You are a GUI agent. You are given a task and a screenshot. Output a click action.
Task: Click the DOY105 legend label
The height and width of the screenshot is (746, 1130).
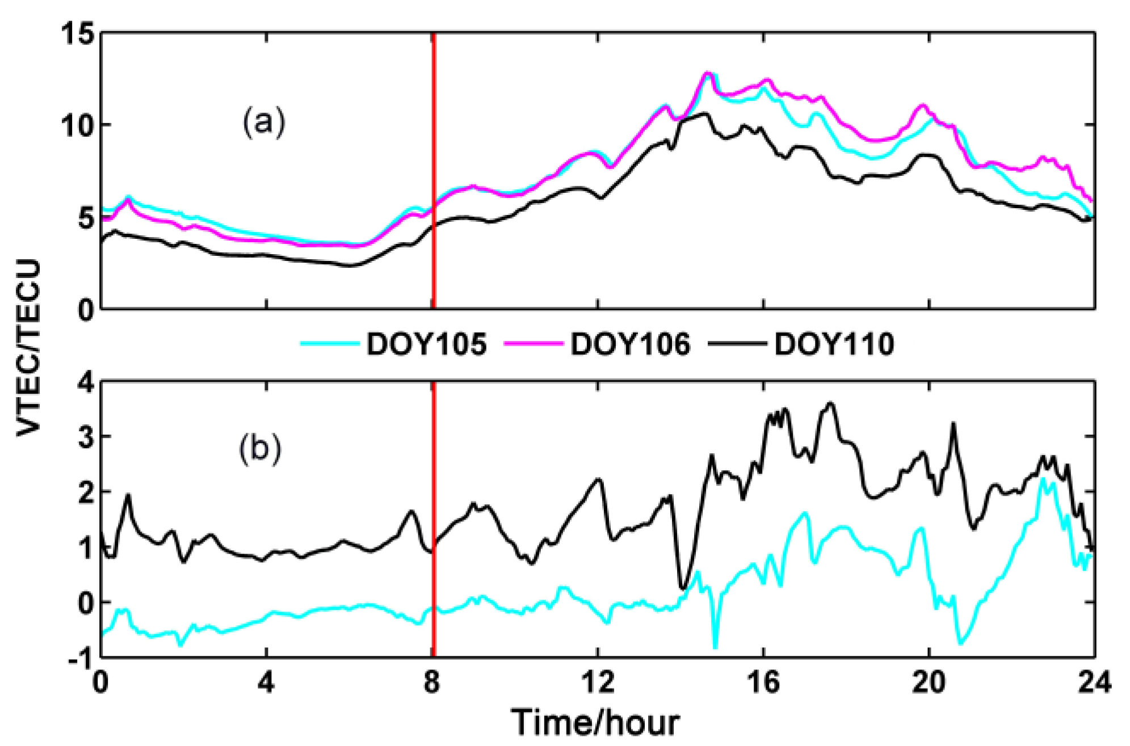(x=426, y=344)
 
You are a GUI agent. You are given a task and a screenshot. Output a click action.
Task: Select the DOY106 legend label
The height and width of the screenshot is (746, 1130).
(x=630, y=344)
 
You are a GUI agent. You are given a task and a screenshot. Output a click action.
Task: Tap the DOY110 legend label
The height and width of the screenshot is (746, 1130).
(x=834, y=344)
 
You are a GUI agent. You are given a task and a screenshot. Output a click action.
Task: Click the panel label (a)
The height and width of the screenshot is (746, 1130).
(x=263, y=122)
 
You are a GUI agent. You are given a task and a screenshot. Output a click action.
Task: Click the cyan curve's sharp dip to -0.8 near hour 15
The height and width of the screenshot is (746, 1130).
(x=715, y=646)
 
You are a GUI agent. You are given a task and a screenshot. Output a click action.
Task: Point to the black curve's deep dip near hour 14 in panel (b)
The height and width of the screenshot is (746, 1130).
(x=683, y=587)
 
